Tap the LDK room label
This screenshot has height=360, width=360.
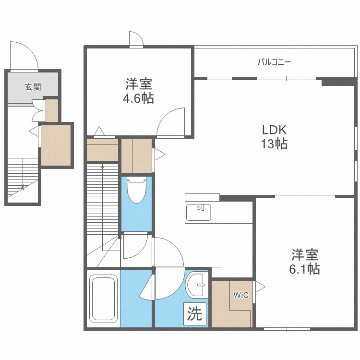274,130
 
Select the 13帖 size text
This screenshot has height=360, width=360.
274,144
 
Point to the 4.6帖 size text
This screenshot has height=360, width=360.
139,98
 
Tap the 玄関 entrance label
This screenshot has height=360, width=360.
33,87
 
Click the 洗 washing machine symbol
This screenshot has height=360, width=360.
194,314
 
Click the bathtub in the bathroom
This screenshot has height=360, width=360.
104,298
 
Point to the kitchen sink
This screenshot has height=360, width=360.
199,211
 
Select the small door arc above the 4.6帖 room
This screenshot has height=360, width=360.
135,39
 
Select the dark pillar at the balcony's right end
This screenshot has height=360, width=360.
338,81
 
